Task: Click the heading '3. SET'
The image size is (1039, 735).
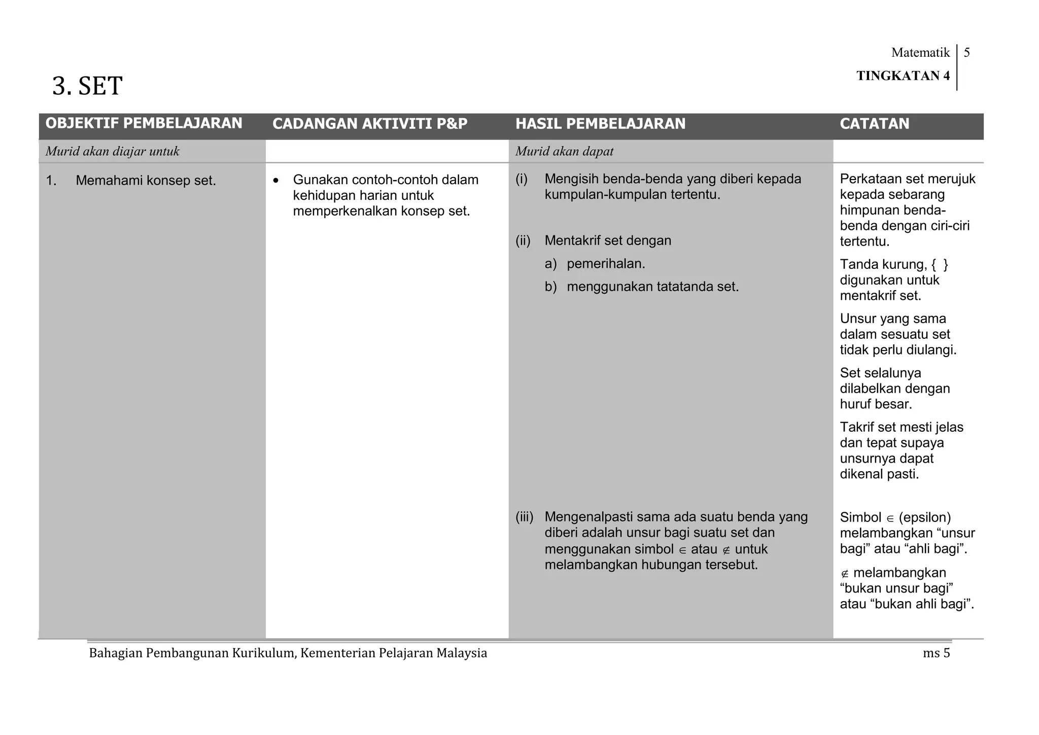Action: [x=87, y=86]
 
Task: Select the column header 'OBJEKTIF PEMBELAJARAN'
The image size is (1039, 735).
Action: [x=144, y=123]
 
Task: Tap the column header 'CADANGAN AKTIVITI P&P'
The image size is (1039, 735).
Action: [x=370, y=124]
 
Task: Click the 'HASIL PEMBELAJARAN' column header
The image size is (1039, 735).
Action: [x=600, y=124]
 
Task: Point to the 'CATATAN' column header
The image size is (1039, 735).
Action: [x=874, y=124]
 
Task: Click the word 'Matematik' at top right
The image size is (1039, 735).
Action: [x=920, y=53]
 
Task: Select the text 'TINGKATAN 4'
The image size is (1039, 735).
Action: [x=903, y=76]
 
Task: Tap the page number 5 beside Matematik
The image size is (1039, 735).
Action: [x=966, y=53]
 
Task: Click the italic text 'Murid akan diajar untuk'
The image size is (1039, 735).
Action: [x=113, y=152]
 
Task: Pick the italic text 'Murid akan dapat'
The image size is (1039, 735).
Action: [x=564, y=152]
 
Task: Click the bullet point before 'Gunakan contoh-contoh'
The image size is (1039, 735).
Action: [x=276, y=181]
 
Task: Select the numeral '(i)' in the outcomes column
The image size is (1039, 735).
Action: [x=522, y=179]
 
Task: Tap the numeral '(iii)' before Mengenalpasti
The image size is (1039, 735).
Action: [x=524, y=517]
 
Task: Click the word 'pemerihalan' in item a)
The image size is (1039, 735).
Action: [x=605, y=264]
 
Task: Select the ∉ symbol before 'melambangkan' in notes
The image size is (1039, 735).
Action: [x=844, y=574]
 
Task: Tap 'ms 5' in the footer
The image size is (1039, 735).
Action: [x=936, y=653]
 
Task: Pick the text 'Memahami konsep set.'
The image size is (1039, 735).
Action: [x=146, y=181]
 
